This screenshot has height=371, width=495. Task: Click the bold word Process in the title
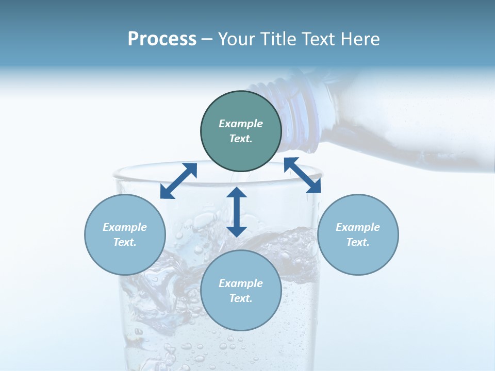[162, 39]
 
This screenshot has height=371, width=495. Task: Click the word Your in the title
[238, 39]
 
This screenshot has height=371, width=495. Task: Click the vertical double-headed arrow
[237, 212]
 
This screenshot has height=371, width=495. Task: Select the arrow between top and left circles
[178, 181]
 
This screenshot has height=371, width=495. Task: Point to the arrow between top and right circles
[302, 175]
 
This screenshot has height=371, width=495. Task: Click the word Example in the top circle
[241, 124]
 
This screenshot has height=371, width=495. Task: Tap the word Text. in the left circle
[125, 242]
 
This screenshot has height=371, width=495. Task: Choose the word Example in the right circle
[358, 227]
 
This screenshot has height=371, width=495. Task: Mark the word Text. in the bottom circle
[241, 298]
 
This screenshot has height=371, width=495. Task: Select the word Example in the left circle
[125, 227]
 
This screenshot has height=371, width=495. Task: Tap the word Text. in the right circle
[358, 242]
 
